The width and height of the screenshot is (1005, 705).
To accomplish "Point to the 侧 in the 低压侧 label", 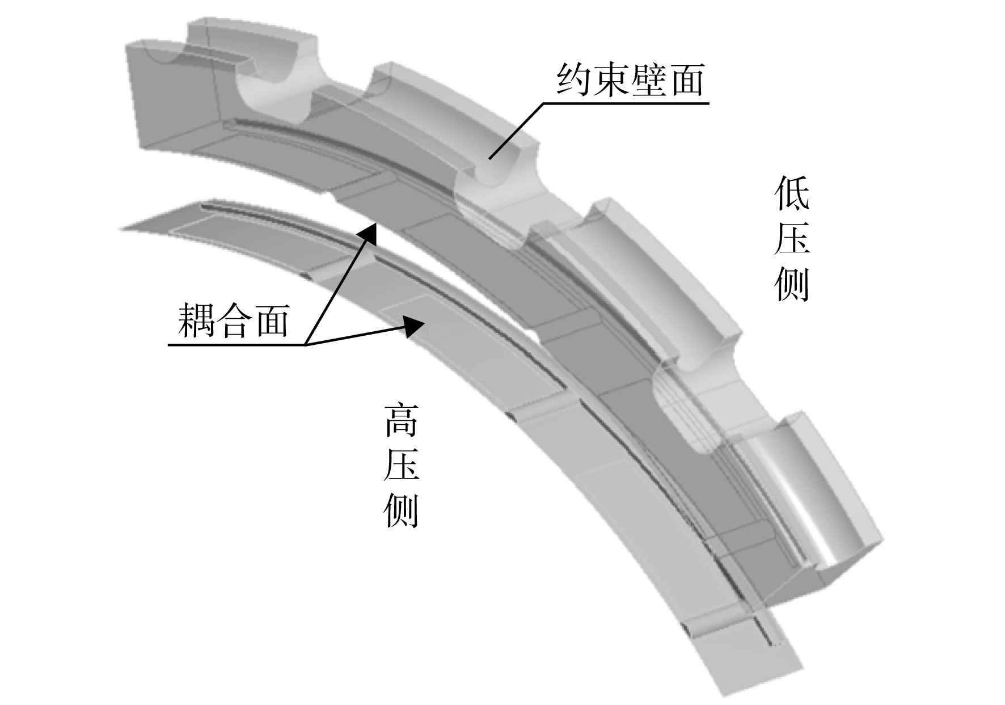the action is [792, 284].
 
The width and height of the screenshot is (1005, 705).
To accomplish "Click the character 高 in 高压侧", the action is [401, 420].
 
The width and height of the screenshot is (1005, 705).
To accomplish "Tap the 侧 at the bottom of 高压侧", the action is [401, 511].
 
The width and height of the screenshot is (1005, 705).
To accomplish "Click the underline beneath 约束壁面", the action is [626, 103].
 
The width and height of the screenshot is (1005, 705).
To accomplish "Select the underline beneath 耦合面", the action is [238, 344].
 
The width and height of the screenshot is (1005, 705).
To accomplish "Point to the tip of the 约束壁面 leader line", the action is [490, 159].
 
